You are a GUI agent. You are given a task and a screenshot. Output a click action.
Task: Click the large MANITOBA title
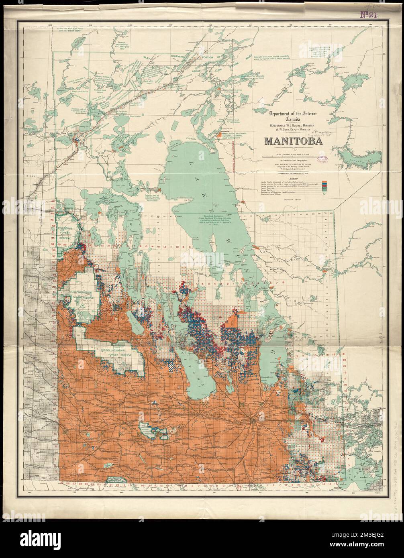click(x=294, y=142)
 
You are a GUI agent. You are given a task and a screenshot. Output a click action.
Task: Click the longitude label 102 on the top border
click(x=50, y=25)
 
